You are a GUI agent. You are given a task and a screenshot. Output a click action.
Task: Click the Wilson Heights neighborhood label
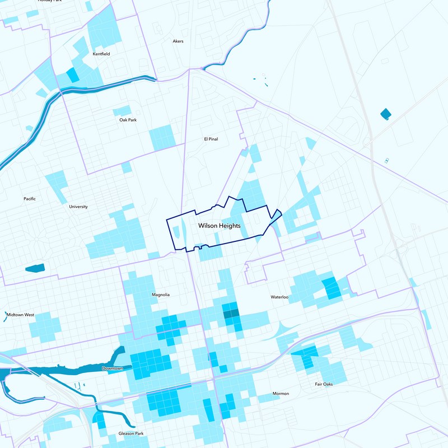[219, 226]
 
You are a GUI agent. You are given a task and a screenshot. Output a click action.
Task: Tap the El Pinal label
[210, 139]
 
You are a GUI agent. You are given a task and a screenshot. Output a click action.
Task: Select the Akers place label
[178, 41]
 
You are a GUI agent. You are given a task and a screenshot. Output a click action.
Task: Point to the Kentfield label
[101, 54]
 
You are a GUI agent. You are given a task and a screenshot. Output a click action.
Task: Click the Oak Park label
[128, 120]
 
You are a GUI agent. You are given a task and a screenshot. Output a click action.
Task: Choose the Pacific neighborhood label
[30, 199]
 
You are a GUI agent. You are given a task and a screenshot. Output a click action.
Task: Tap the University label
[78, 207]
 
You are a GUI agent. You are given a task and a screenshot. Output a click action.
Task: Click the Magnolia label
[161, 295]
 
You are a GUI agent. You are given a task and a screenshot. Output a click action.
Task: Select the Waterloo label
[279, 297]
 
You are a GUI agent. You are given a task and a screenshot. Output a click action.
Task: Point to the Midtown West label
[21, 315]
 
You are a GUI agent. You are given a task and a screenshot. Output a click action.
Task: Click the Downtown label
[113, 368]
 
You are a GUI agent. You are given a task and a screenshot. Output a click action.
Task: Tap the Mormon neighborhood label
[281, 394]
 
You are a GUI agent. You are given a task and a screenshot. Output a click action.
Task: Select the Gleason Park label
[131, 433]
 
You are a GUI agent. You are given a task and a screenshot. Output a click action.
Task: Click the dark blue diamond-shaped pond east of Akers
[386, 114]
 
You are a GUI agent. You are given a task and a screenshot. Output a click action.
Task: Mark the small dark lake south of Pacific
[35, 268]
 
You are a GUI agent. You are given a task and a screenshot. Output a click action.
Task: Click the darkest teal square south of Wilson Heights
[230, 314]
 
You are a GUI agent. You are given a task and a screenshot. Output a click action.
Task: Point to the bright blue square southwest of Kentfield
[73, 75]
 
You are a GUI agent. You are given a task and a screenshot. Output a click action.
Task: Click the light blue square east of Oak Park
[162, 138]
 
